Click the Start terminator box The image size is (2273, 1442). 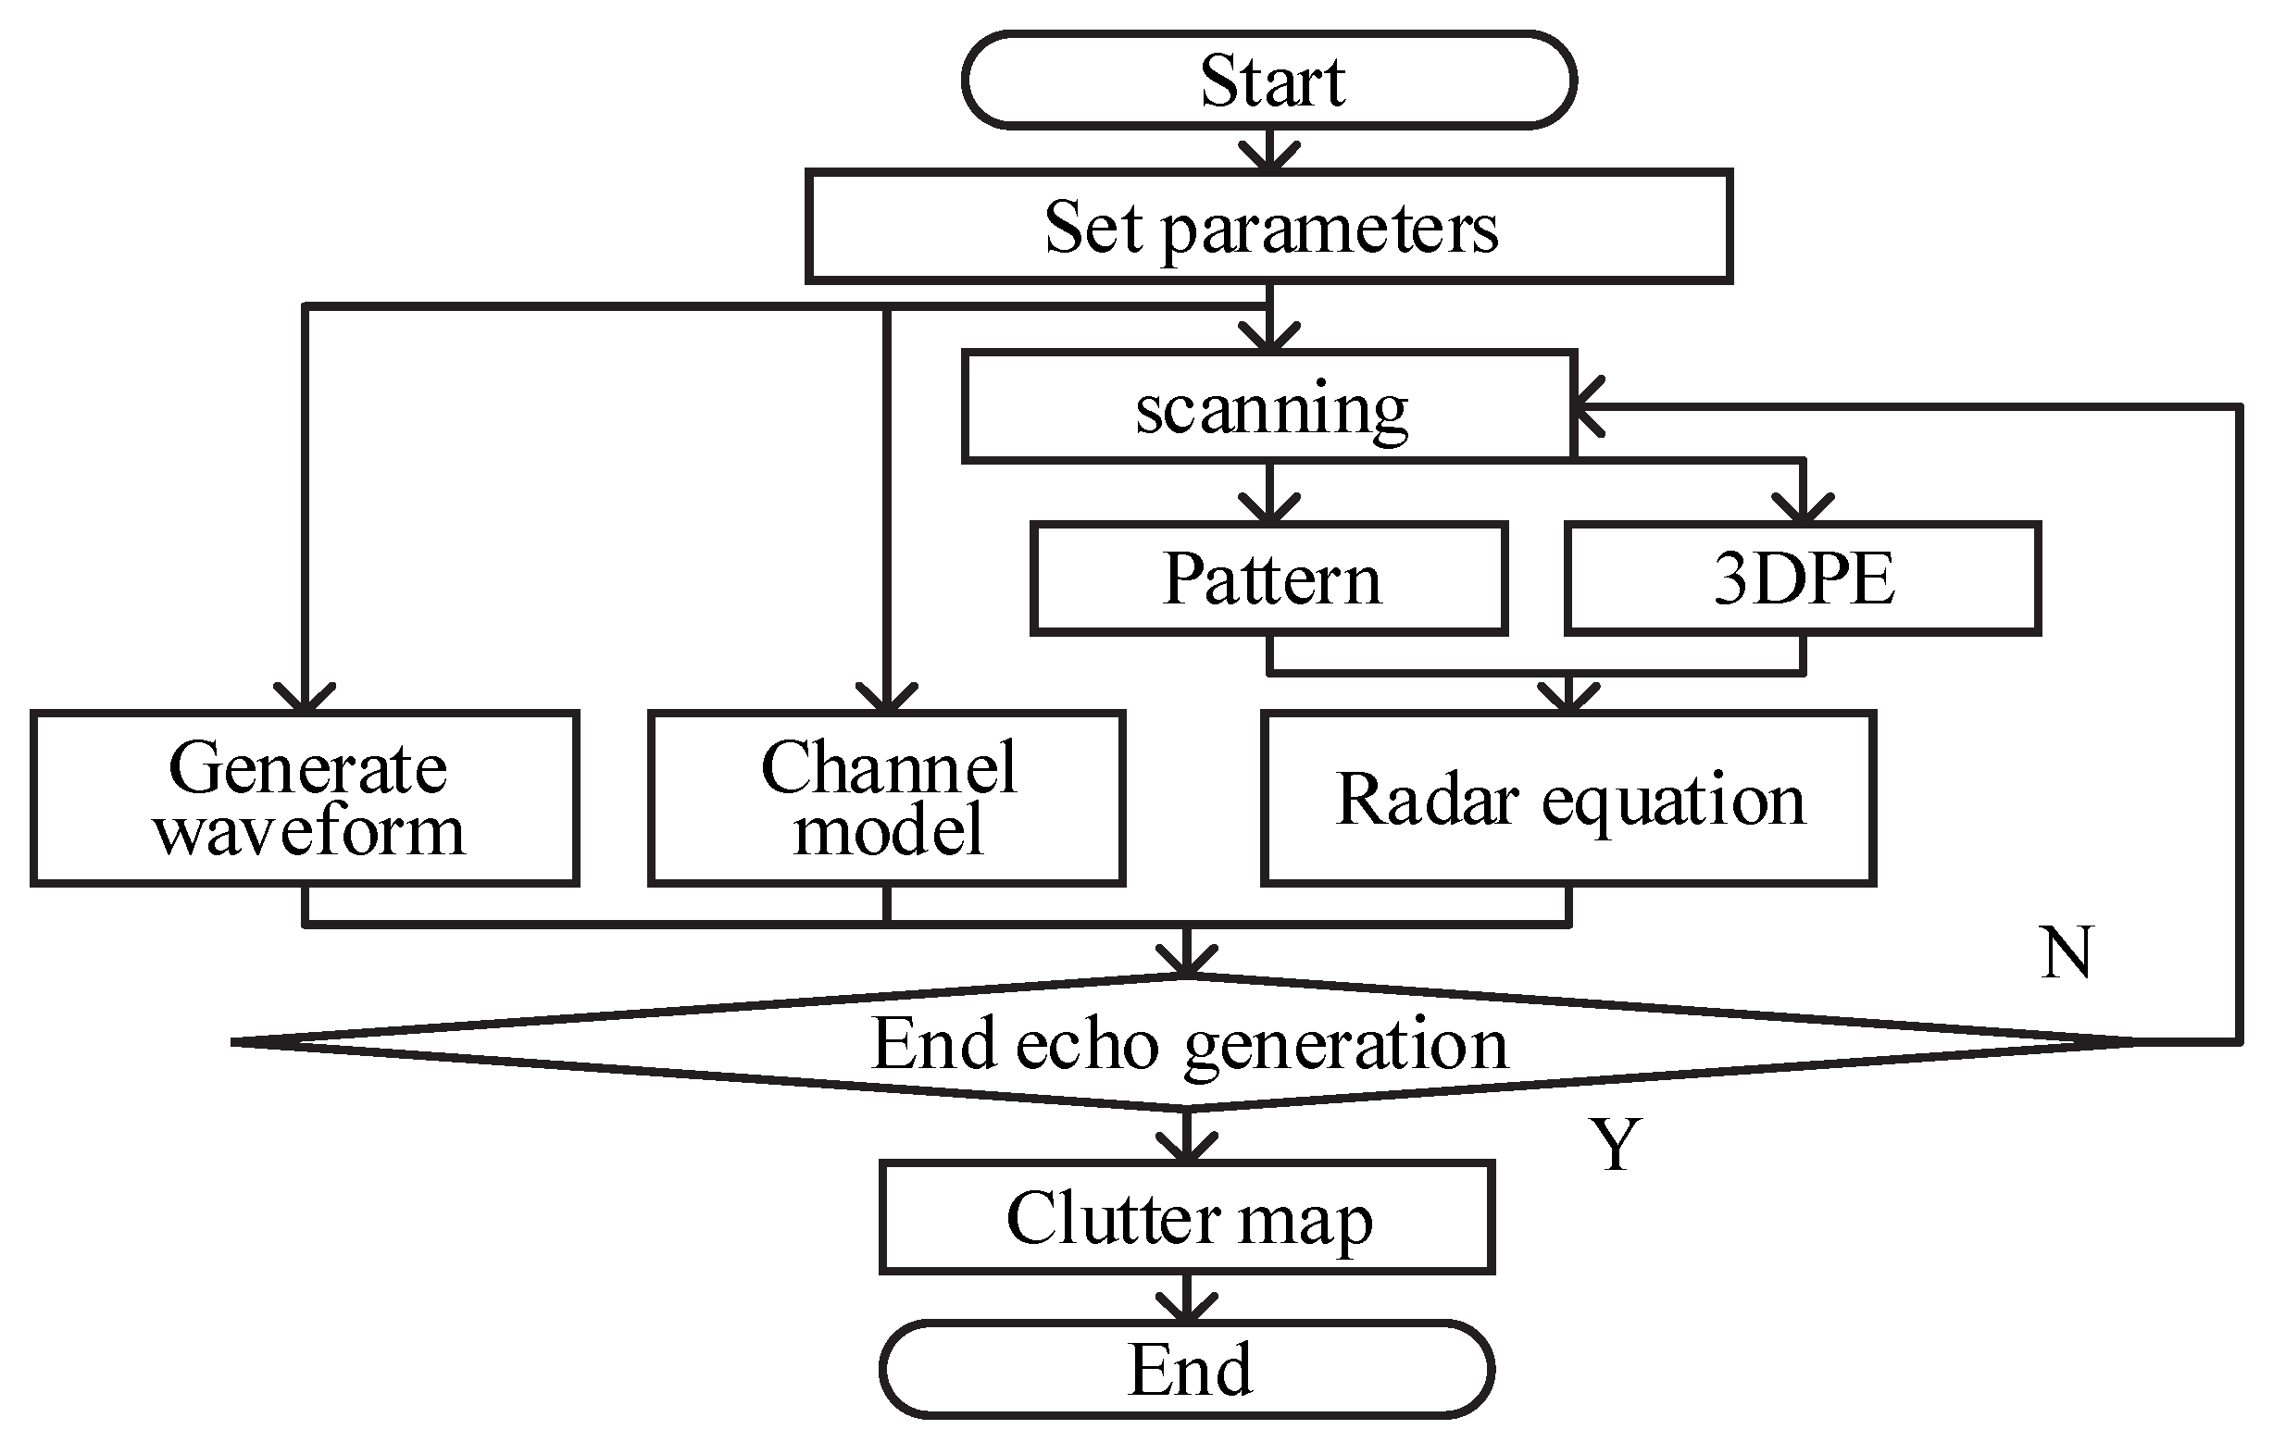click(1268, 81)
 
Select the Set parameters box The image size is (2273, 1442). click(1268, 227)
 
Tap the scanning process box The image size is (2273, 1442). click(1268, 406)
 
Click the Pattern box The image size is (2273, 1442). click(1268, 578)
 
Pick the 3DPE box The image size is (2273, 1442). click(1802, 578)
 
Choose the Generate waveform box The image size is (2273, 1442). click(305, 799)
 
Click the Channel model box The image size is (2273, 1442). click(886, 799)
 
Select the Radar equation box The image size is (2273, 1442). click(1567, 799)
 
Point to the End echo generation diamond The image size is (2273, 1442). click(1188, 1043)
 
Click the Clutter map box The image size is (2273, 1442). click(1187, 1217)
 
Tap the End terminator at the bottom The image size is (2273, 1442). click(1187, 1369)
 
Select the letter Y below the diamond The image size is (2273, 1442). click(1615, 1145)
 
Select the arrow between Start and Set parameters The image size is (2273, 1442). click(1269, 151)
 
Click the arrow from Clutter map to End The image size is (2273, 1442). click(1187, 1299)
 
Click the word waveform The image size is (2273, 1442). click(308, 832)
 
